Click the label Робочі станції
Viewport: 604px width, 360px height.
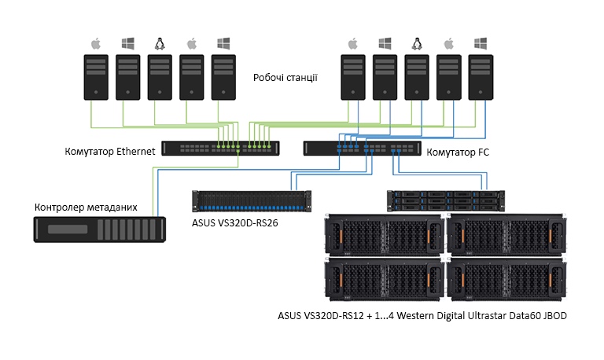coord(285,78)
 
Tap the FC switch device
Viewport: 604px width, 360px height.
coord(361,148)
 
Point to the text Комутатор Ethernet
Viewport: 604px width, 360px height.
coord(110,151)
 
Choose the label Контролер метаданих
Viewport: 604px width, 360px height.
coord(86,208)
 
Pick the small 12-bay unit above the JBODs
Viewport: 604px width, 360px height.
coord(444,200)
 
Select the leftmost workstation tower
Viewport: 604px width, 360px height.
coord(97,76)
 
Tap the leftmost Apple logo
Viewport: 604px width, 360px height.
coord(97,42)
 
